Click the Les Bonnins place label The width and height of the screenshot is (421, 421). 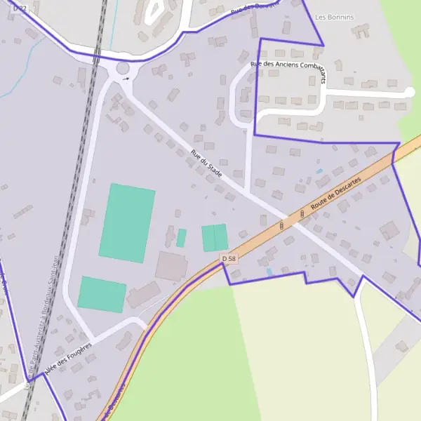pos(335,17)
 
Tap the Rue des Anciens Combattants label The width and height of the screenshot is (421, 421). pos(289,69)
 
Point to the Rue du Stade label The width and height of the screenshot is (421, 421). pos(206,163)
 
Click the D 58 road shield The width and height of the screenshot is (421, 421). pos(229,259)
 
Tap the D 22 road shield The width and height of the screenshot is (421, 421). pos(20,8)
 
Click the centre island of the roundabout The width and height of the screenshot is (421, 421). pos(123,69)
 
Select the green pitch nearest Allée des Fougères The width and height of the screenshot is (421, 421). pos(102,294)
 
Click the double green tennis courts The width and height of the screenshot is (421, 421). pos(215,238)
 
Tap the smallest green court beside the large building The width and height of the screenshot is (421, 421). pos(181,238)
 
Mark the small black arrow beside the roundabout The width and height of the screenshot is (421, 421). pos(126,79)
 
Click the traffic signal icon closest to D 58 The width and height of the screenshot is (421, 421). pos(281,226)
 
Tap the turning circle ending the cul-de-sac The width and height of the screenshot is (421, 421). pos(410,92)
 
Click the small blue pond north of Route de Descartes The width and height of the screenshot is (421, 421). pos(320,171)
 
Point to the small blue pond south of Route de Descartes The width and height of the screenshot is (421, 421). pos(269,272)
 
